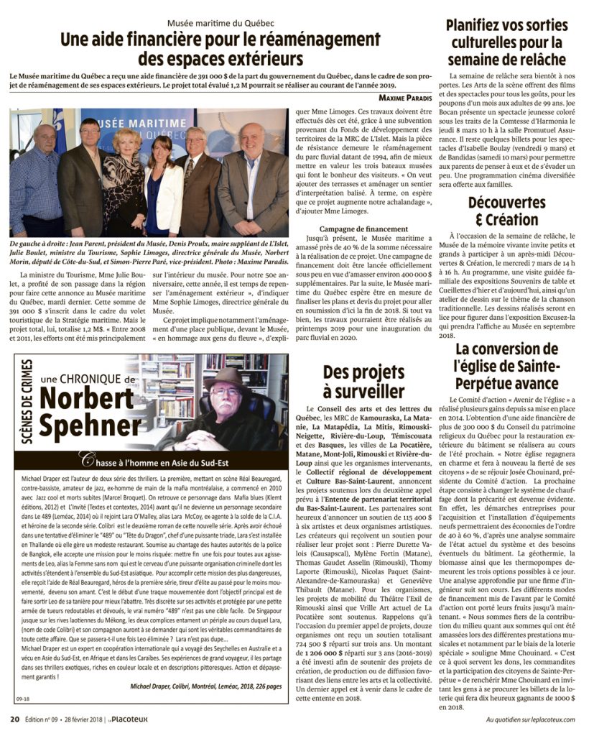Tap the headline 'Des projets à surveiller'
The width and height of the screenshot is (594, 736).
tap(363, 382)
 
